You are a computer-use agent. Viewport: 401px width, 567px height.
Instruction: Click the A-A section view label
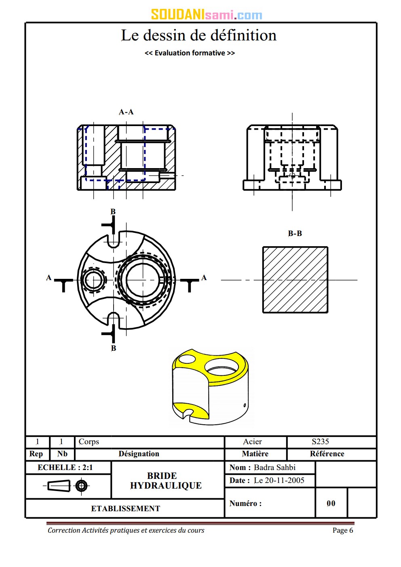126,112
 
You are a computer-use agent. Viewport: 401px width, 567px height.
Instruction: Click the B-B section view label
295,234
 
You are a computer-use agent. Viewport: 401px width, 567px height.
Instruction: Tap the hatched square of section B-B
295,280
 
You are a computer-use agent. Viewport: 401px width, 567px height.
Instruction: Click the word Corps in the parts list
89,442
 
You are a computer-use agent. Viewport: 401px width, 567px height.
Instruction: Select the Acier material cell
253,442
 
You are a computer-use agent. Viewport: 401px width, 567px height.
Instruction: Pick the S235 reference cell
320,442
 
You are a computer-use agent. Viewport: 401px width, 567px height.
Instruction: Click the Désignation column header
139,454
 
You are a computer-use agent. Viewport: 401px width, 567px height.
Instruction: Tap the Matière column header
255,454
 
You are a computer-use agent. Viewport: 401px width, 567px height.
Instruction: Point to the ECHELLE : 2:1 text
65,468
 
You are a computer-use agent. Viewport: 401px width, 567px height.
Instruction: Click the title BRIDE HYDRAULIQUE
166,481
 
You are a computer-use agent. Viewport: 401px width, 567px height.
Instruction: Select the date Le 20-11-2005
279,481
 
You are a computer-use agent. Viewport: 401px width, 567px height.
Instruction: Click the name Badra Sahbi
274,468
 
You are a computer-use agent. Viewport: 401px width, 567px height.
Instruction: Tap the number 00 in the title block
331,504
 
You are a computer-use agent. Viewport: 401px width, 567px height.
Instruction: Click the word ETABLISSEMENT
125,509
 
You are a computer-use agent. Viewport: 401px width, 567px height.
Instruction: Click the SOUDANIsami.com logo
207,15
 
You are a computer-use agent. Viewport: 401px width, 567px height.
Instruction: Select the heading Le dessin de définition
199,36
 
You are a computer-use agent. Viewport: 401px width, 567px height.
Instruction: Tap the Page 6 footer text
343,530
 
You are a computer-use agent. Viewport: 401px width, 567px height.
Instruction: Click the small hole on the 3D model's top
187,358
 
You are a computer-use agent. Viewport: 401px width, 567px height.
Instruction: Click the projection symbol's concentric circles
81,485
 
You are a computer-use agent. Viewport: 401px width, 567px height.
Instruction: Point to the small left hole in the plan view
93,280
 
